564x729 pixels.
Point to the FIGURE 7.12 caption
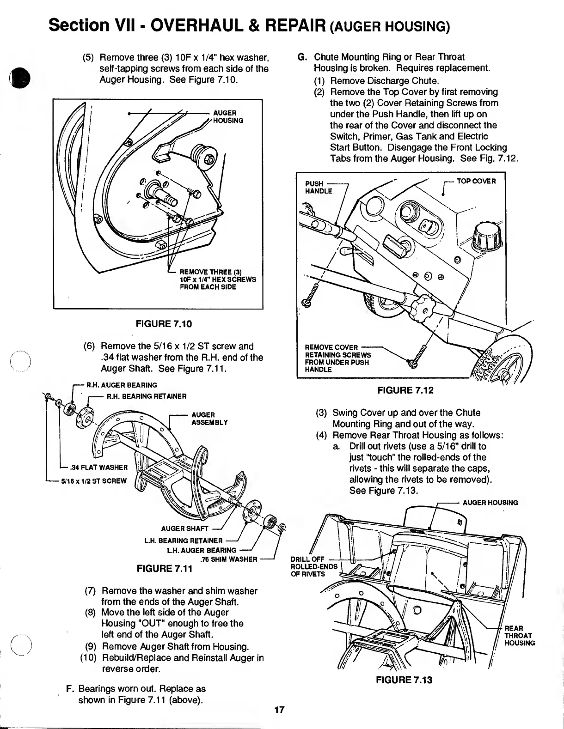405,390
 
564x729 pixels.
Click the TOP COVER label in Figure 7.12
476,181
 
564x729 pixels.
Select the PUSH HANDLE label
319,187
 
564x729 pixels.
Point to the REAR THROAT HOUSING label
519,635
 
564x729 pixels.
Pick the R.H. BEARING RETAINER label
147,396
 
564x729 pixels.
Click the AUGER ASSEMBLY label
209,419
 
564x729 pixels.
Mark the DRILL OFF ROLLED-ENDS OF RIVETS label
307,567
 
